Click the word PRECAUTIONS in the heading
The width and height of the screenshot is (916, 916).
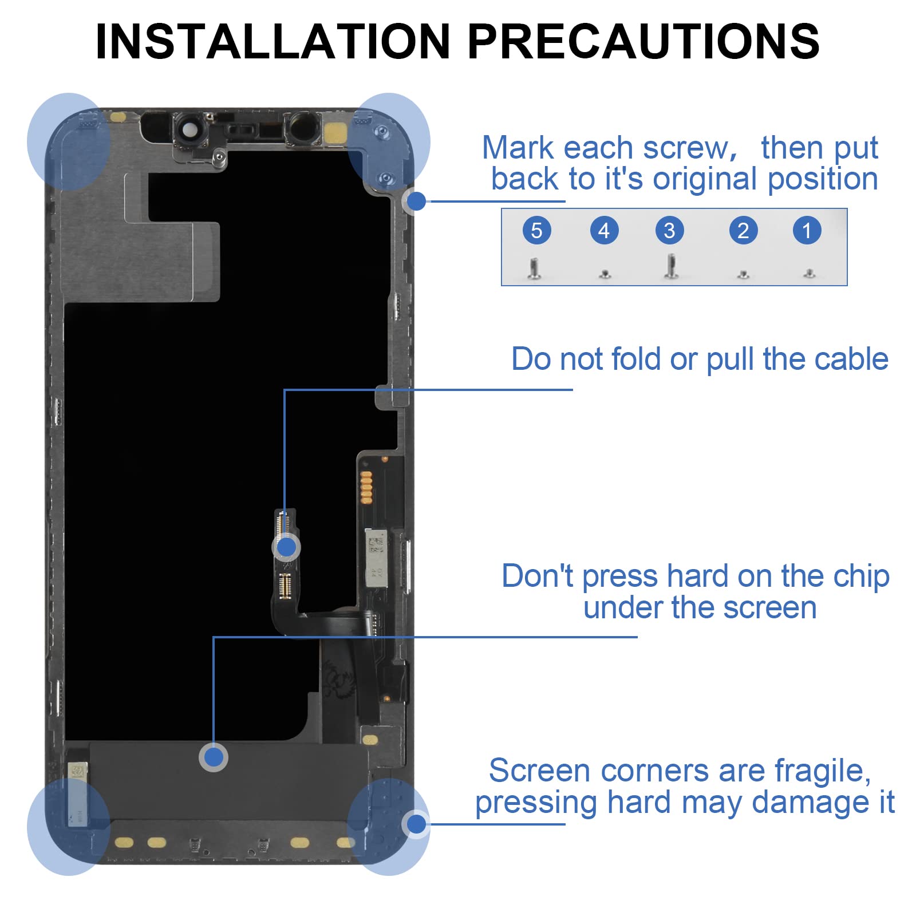pyautogui.click(x=644, y=41)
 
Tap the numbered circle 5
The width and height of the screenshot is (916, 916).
pyautogui.click(x=536, y=231)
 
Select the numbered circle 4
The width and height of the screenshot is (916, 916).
pyautogui.click(x=604, y=231)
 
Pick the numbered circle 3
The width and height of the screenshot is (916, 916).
pyautogui.click(x=669, y=231)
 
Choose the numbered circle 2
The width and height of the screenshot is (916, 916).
pyautogui.click(x=743, y=231)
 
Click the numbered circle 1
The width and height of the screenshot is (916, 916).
pyautogui.click(x=807, y=231)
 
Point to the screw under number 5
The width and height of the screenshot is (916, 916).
pyautogui.click(x=534, y=269)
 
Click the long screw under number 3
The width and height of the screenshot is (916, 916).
pyautogui.click(x=671, y=267)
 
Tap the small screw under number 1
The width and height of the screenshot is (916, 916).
pyautogui.click(x=809, y=274)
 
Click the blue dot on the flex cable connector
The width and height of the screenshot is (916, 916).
pyautogui.click(x=286, y=548)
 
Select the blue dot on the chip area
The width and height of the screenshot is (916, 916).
pyautogui.click(x=214, y=757)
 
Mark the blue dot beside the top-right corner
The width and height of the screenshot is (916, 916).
pyautogui.click(x=416, y=201)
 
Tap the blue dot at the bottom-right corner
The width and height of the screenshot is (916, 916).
pyautogui.click(x=416, y=824)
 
